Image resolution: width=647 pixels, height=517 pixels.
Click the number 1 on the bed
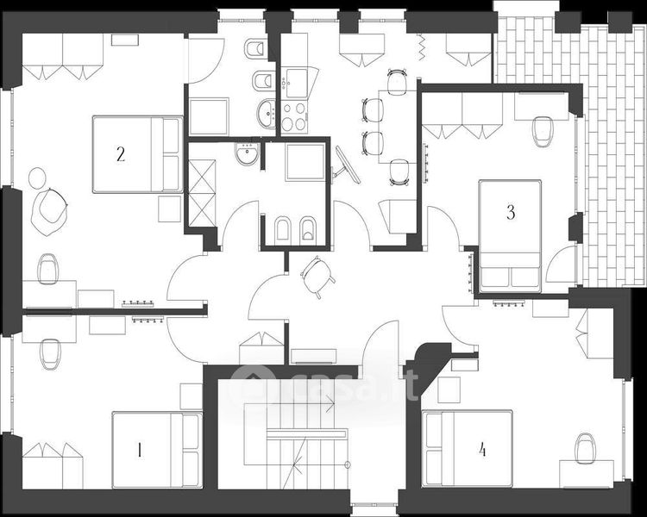(x=140, y=449)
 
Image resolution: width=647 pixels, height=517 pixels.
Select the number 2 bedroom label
(x=121, y=155)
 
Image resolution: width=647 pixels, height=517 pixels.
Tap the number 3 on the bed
(x=511, y=212)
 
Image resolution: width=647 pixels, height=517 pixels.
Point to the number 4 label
(x=482, y=449)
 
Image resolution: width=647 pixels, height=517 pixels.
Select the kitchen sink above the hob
(x=294, y=84)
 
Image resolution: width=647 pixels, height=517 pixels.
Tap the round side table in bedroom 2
(x=37, y=178)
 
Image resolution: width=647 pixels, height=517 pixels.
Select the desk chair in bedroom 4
(x=587, y=447)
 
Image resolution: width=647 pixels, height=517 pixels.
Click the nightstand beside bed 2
(x=169, y=209)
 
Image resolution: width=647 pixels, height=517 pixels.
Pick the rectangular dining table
(x=385, y=126)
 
